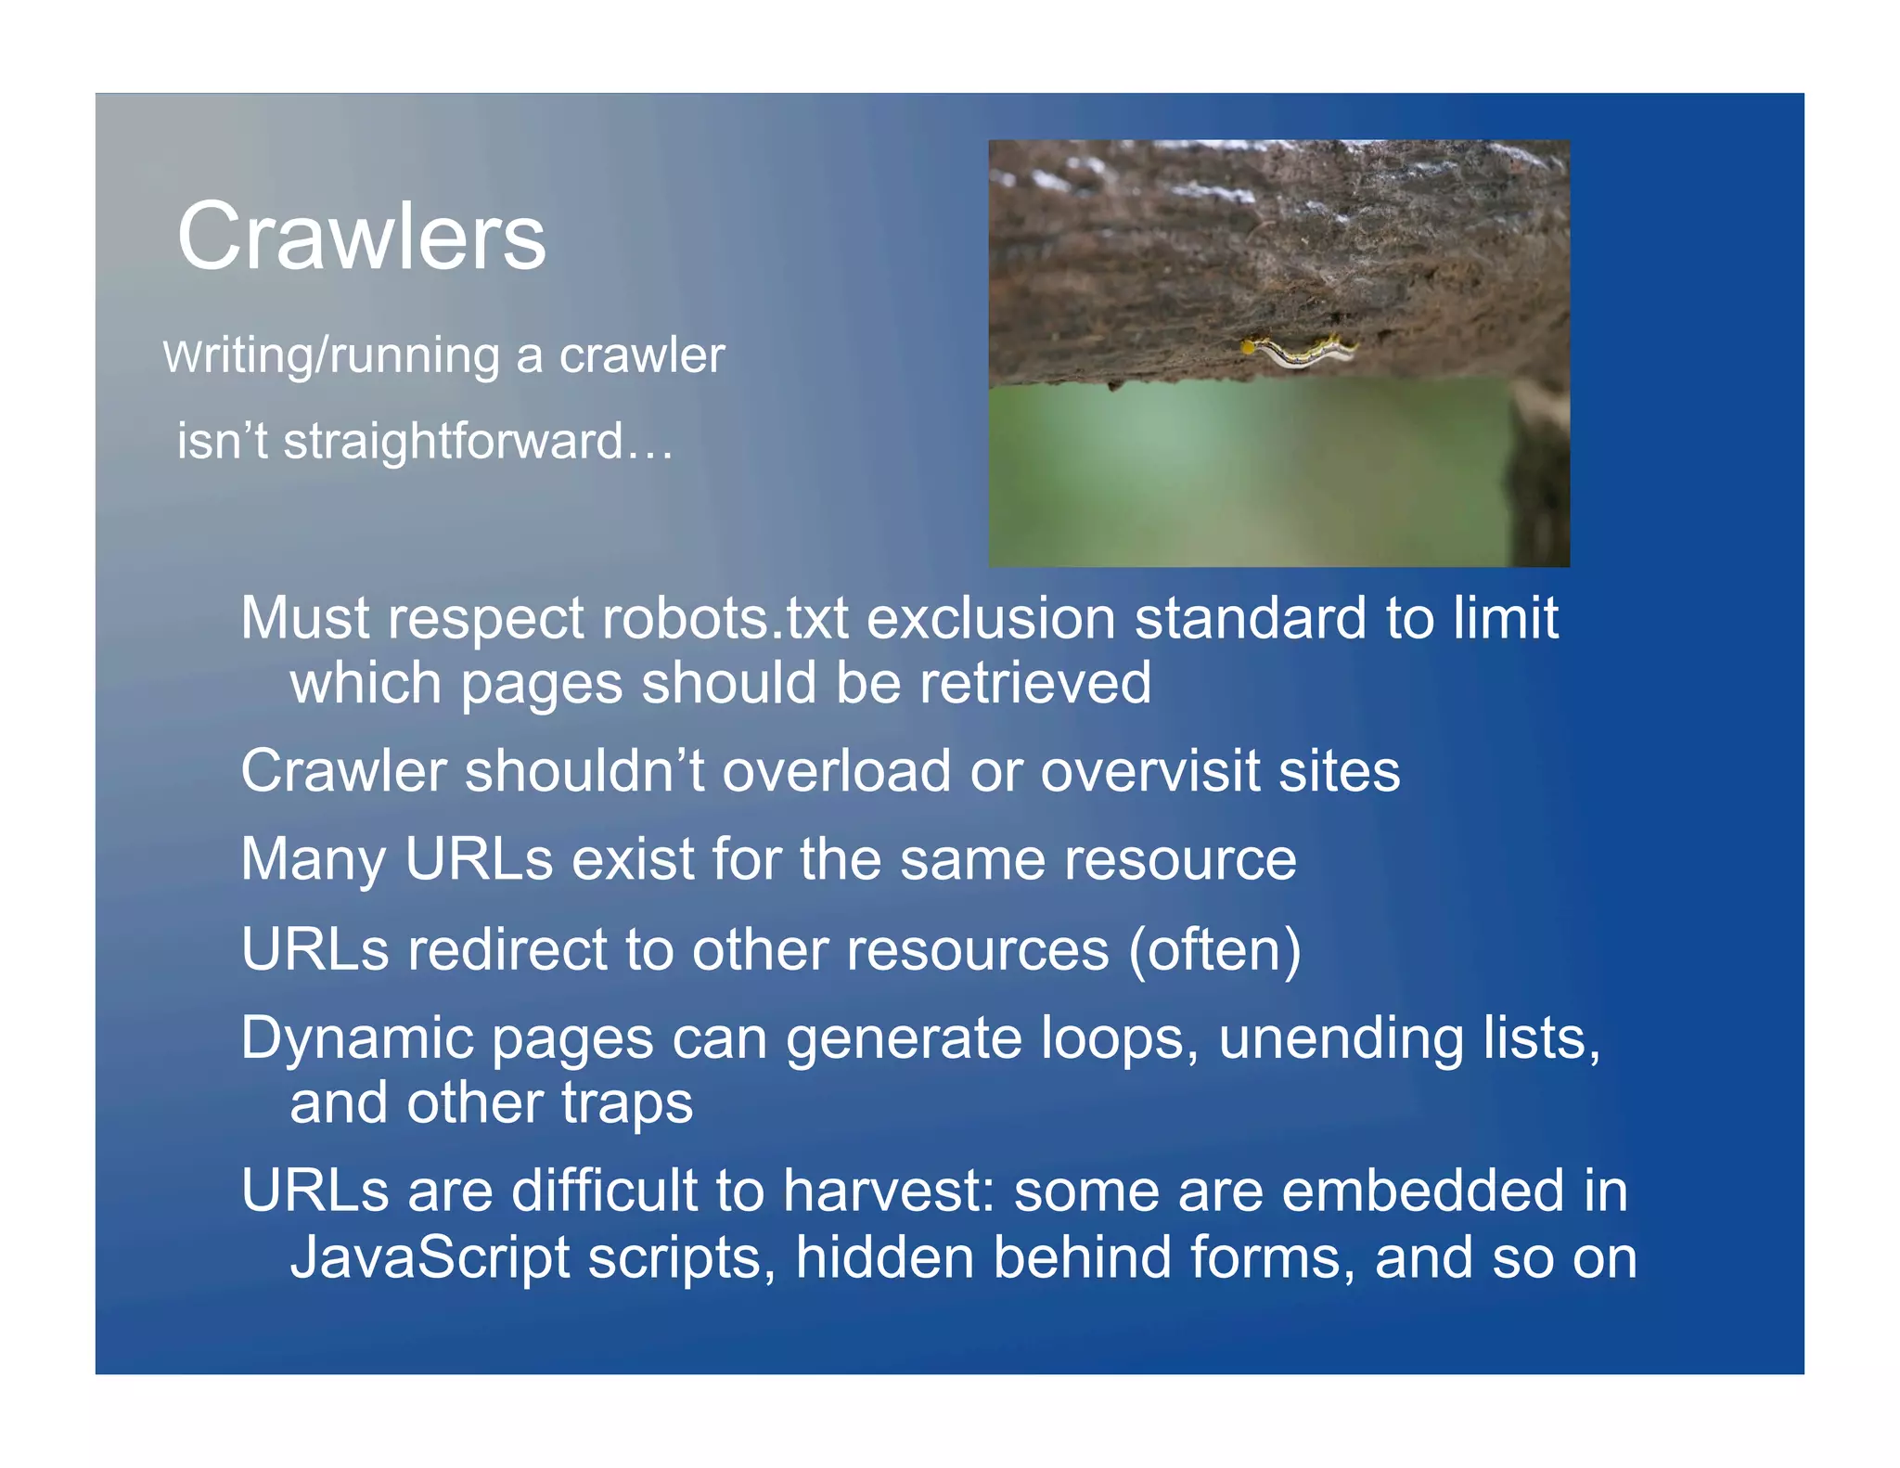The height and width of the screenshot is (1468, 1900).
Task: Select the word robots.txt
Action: [x=725, y=618]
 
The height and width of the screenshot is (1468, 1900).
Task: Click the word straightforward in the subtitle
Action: [x=453, y=441]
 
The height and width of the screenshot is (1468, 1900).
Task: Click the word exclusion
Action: [x=990, y=618]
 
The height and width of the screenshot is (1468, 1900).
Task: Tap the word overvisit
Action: [x=1149, y=771]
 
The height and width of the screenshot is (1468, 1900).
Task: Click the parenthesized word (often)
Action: [x=1214, y=949]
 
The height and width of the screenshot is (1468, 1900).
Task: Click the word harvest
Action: [x=888, y=1191]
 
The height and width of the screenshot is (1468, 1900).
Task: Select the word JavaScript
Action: [x=430, y=1258]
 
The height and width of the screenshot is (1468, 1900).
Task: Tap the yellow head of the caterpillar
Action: [x=1250, y=347]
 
